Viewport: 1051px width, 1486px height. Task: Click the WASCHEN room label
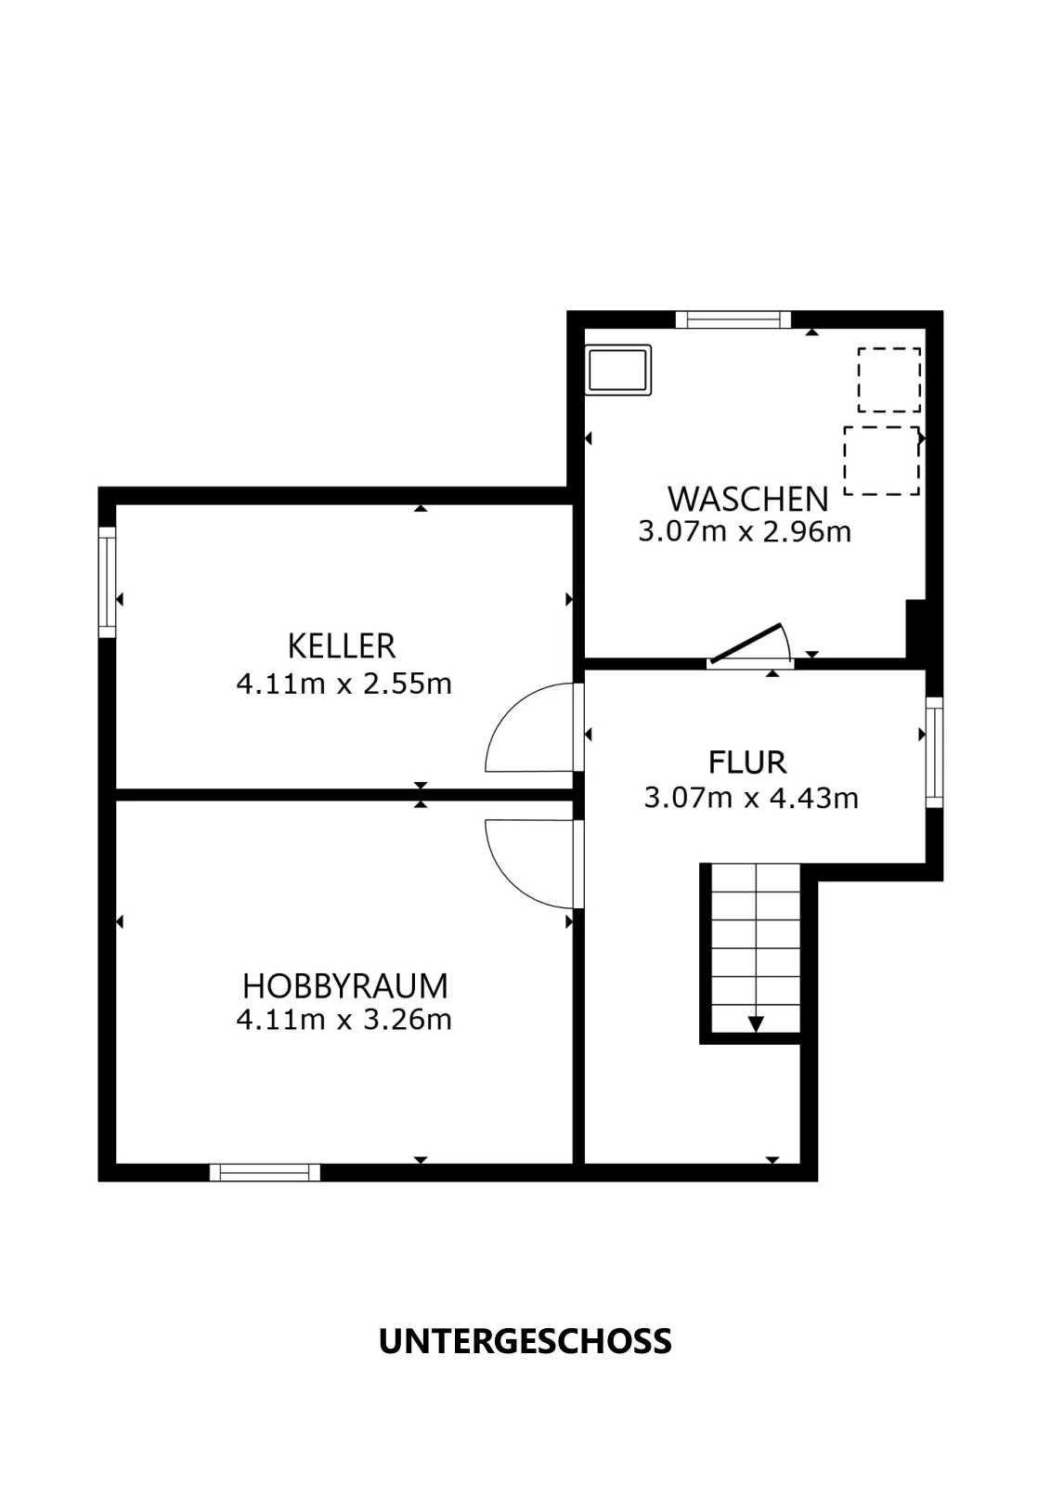[748, 500]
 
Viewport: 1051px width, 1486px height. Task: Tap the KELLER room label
[342, 646]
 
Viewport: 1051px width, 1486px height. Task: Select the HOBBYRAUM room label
[344, 986]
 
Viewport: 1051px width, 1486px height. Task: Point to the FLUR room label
[747, 763]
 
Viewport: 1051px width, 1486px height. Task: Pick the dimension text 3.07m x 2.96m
[745, 532]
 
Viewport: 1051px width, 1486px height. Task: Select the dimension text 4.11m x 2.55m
[344, 684]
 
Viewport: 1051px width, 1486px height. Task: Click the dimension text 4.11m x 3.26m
[344, 1020]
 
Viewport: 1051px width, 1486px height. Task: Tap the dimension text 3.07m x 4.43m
[751, 798]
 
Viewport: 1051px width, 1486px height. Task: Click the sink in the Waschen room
[618, 370]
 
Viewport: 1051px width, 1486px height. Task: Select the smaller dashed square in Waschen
[889, 380]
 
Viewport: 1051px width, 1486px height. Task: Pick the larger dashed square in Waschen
[881, 461]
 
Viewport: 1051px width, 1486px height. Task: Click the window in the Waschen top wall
[733, 319]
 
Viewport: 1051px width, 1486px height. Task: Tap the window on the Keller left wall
[108, 581]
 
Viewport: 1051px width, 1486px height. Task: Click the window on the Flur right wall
[934, 752]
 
